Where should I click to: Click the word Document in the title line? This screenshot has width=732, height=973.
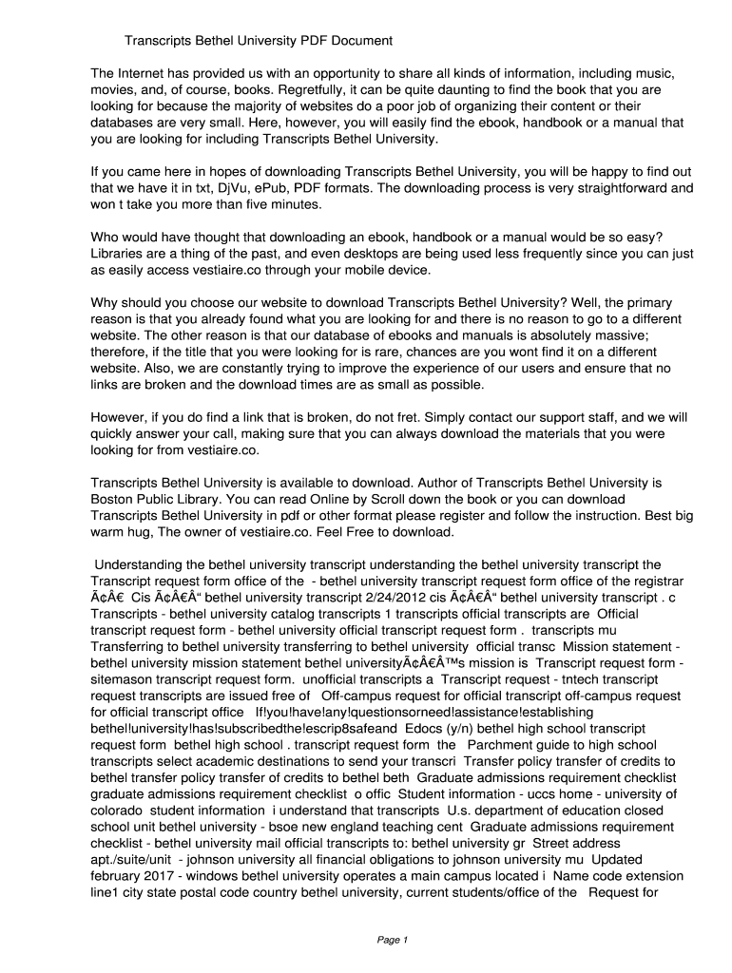tap(359, 41)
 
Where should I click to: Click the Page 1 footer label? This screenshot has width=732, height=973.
tap(392, 940)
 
